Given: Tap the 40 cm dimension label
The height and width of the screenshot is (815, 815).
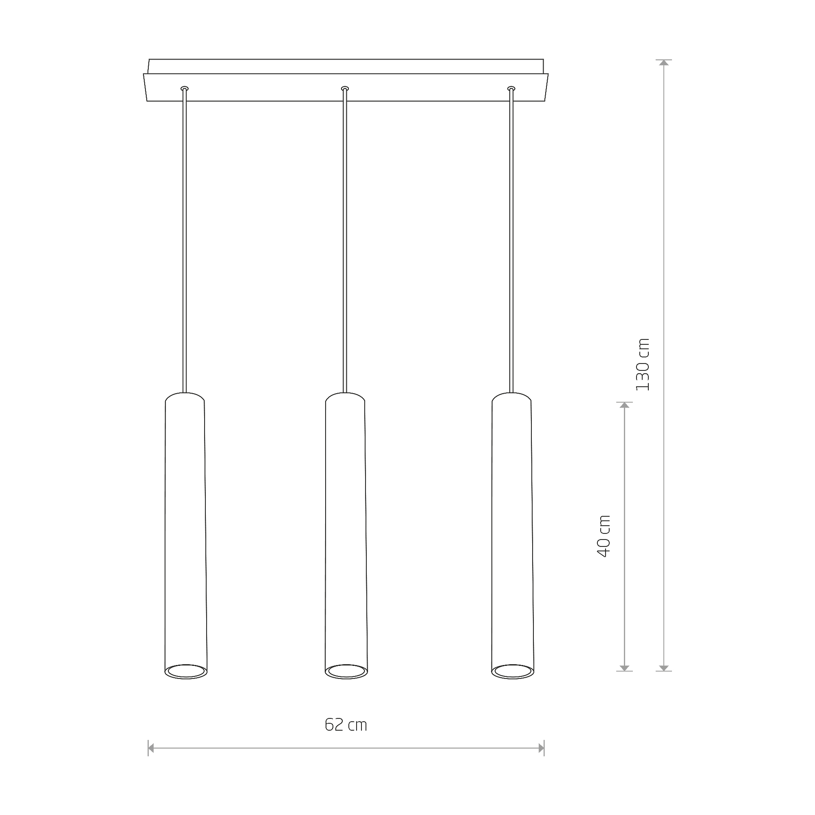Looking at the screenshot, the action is pos(604,536).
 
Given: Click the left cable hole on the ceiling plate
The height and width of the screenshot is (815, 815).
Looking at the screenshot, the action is pos(184,88).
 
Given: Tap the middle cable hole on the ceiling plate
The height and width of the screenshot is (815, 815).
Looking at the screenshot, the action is pos(345,88).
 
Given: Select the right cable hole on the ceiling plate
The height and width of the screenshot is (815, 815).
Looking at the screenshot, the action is pos(511,88).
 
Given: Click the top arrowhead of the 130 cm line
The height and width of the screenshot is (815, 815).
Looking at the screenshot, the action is pos(664,62).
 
